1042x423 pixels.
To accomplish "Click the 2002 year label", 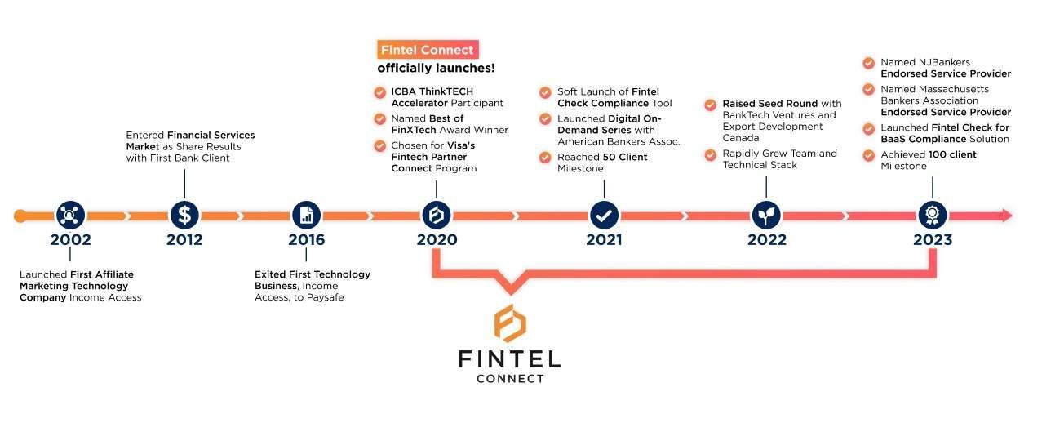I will tap(70, 239).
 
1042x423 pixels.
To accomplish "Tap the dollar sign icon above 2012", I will tap(184, 216).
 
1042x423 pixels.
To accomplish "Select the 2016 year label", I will tap(306, 239).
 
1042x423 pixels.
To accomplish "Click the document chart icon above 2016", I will tap(306, 216).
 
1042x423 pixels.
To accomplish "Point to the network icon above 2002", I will tap(70, 216).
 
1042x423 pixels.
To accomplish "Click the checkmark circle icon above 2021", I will tap(604, 216).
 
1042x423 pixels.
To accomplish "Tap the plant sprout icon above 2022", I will tap(766, 216).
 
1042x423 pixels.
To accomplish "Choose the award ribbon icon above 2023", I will tap(932, 216).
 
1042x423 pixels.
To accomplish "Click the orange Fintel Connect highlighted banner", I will tap(427, 50).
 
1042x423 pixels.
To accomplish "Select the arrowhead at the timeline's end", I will tap(1006, 216).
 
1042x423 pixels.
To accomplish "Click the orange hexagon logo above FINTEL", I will tap(510, 323).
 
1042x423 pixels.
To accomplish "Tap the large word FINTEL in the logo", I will tap(509, 359).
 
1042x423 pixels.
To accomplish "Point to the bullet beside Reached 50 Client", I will tap(544, 157).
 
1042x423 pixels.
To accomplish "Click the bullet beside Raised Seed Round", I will tap(710, 104).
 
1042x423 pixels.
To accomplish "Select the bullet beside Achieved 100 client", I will tap(868, 154).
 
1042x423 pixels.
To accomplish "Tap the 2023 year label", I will tap(932, 239).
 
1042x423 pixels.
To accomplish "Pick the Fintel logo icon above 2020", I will tap(437, 216).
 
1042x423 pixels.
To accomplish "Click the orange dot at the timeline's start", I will tap(20, 216).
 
